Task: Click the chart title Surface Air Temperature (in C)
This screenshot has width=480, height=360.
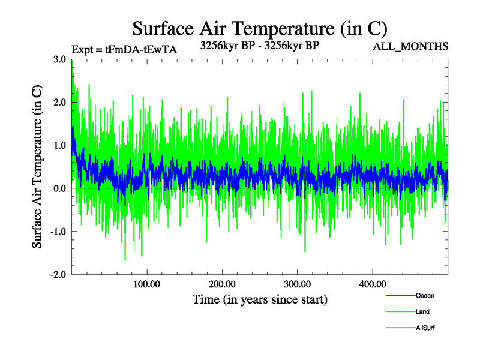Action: coord(260,28)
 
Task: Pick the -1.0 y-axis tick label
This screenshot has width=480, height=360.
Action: coord(58,232)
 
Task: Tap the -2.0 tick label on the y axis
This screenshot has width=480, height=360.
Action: coord(58,275)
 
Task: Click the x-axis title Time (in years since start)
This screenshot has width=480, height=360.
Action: coord(260,299)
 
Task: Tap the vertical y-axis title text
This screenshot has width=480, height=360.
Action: coord(37,167)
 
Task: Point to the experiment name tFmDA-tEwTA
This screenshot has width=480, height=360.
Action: coord(141,50)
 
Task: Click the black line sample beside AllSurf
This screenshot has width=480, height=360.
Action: coord(399,328)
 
